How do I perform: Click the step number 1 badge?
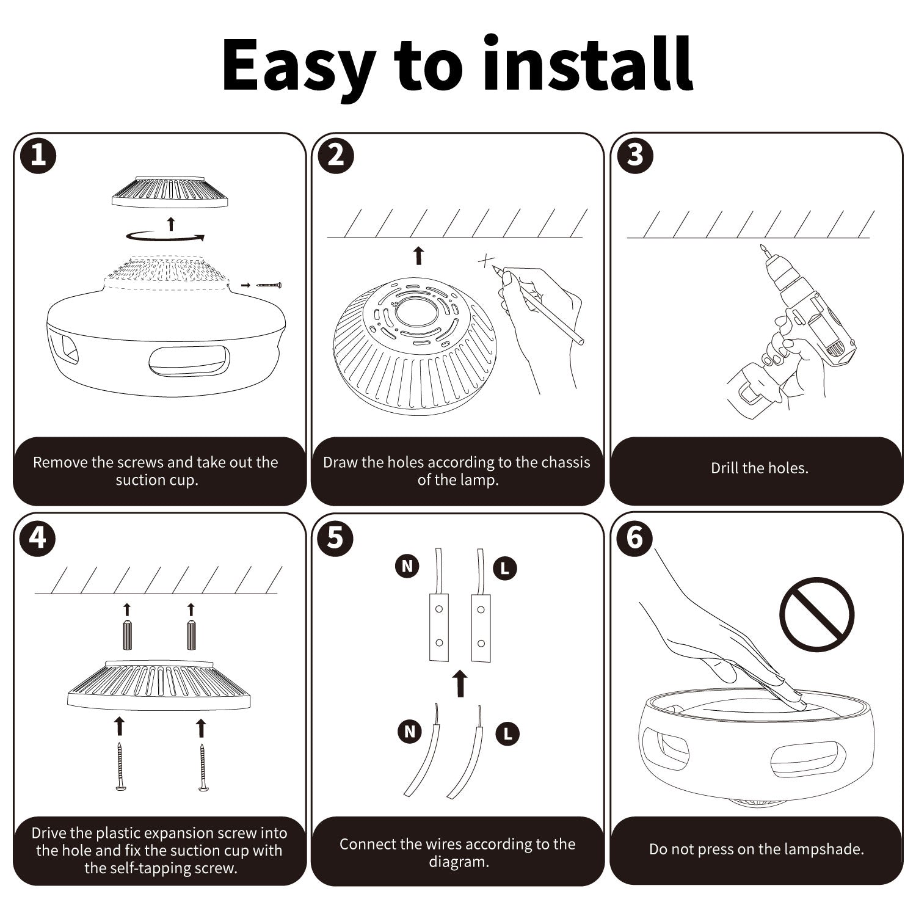coord(38,156)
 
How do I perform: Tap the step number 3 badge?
coord(635,156)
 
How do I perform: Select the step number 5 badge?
coord(336,538)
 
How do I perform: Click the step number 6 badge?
coord(635,538)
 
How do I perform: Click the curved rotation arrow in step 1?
coord(165,237)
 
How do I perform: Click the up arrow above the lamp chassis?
coord(418,256)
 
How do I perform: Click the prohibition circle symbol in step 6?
coord(817,614)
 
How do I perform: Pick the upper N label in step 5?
coord(407,567)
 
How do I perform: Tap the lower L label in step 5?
coord(507,733)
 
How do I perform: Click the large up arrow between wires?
coord(460,683)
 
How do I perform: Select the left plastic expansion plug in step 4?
coord(127,635)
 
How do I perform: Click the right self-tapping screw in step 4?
coord(202,766)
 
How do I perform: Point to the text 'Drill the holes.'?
coord(759,468)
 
